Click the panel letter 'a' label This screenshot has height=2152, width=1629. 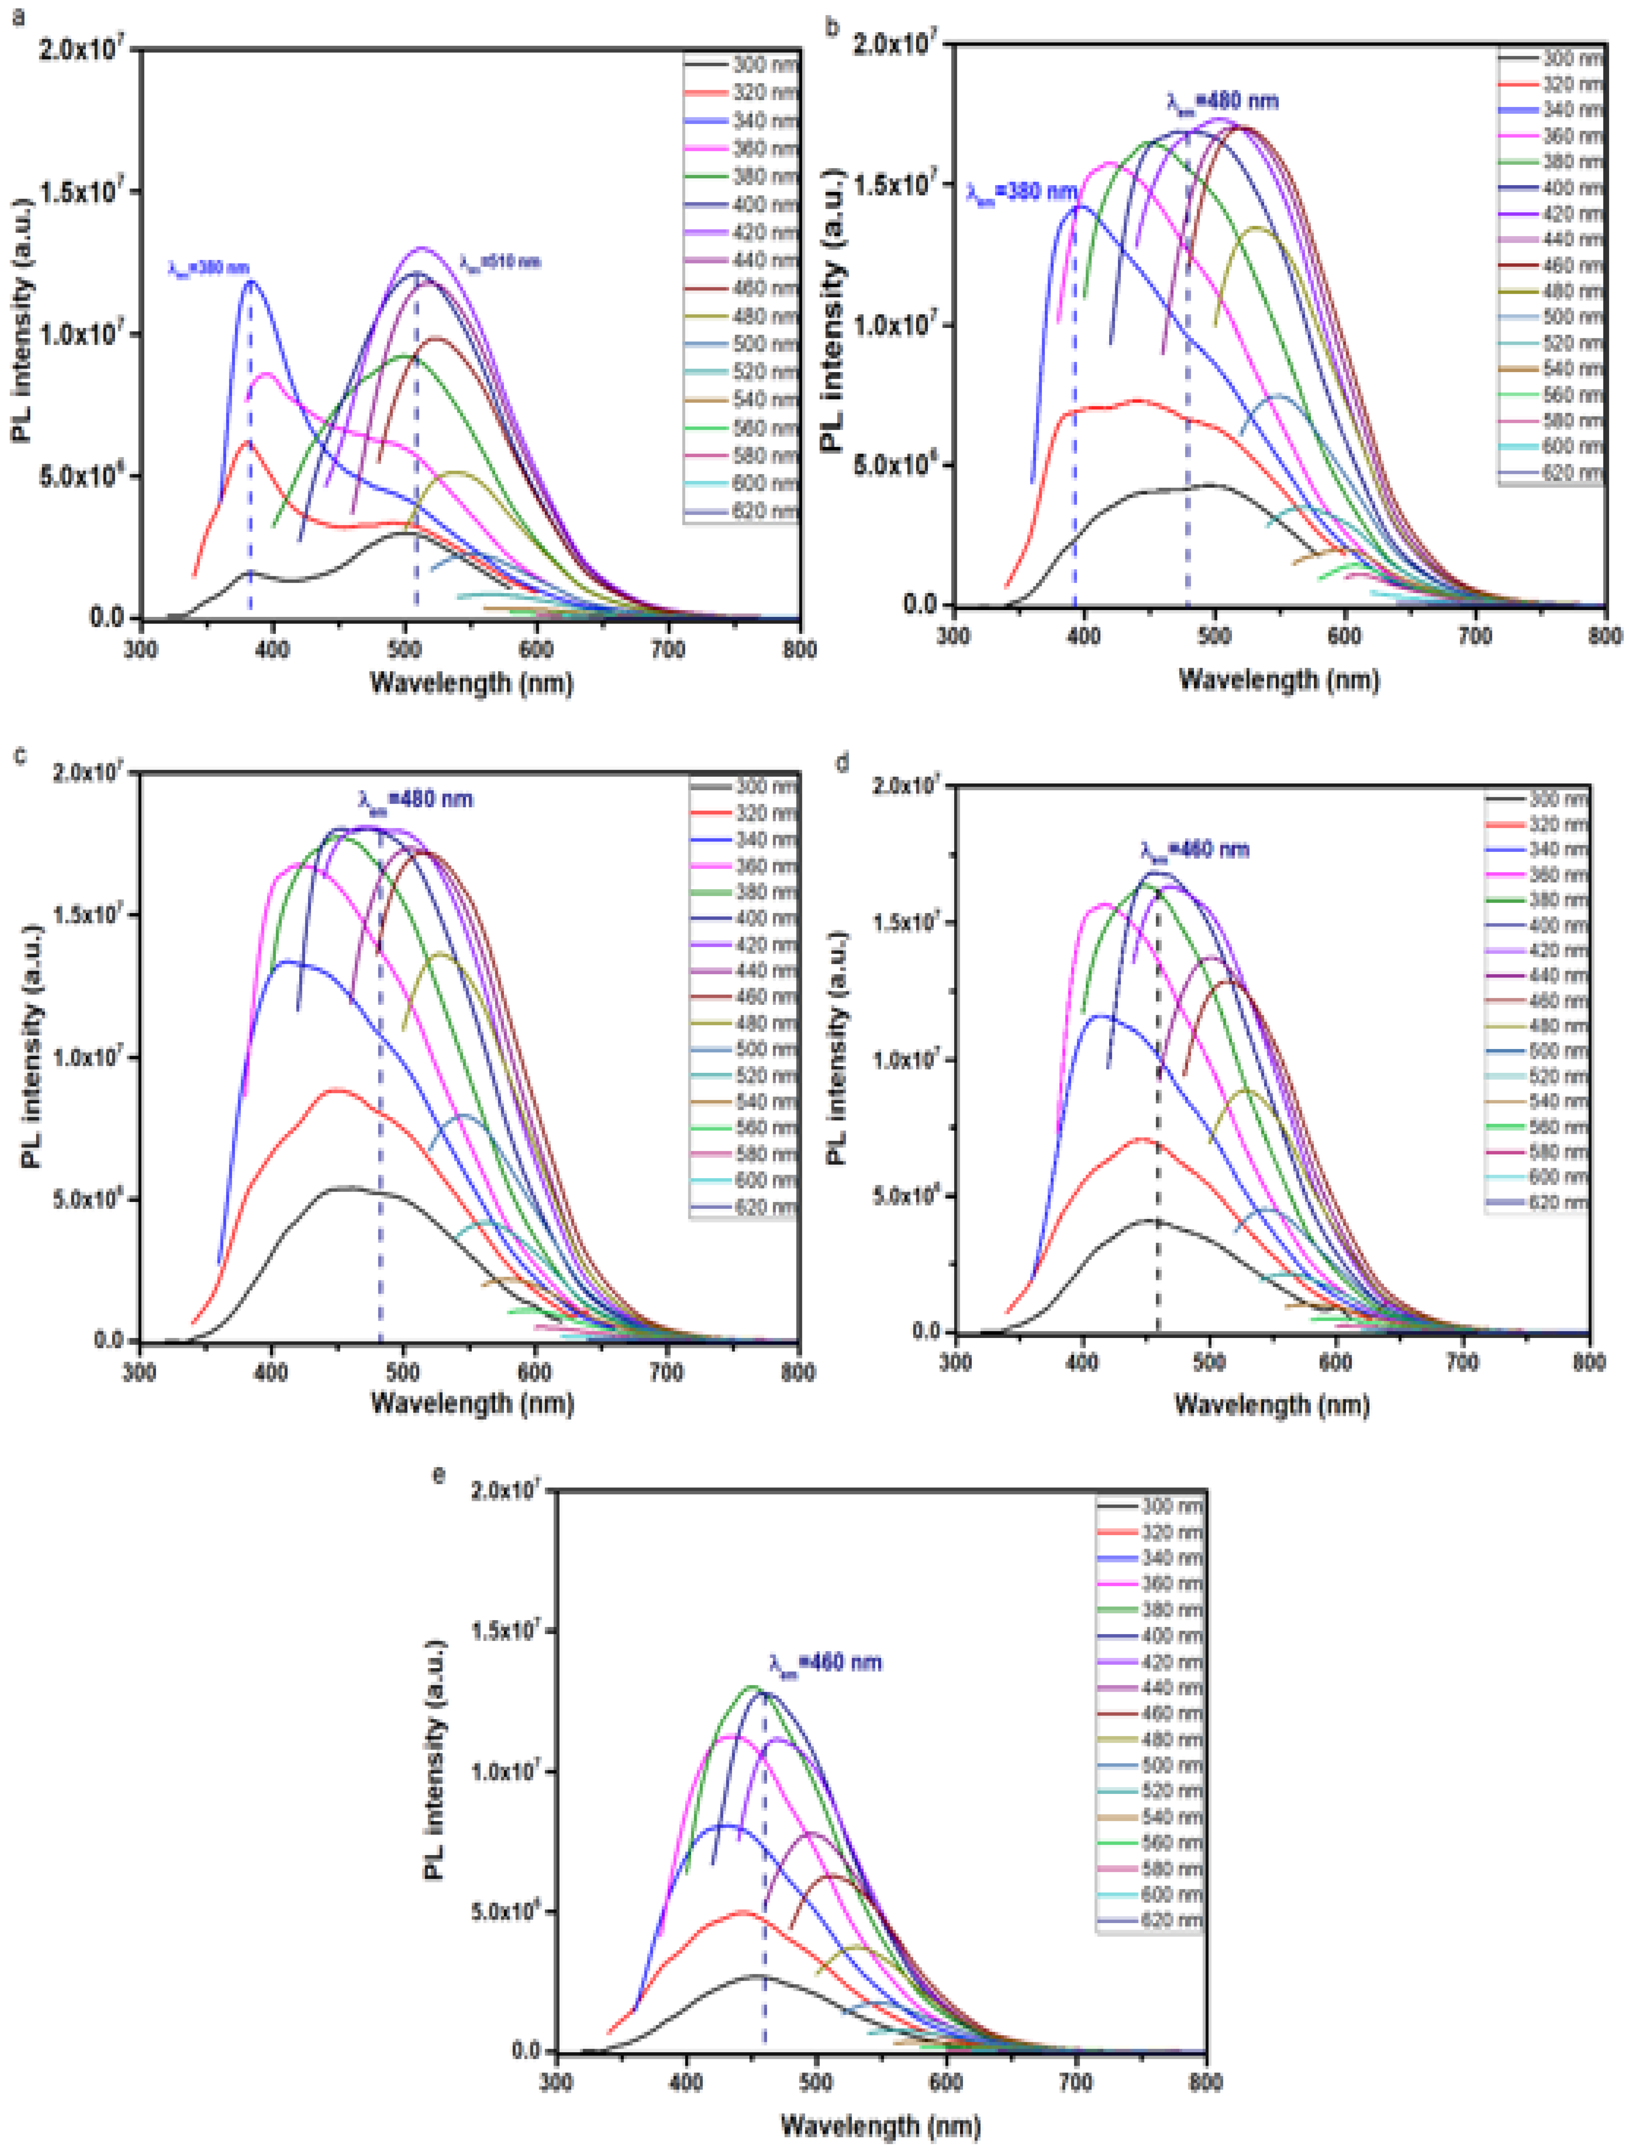point(17,17)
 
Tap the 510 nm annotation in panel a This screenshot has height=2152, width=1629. point(499,262)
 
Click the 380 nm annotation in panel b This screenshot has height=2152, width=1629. point(1021,192)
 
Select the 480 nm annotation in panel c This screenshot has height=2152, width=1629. point(415,800)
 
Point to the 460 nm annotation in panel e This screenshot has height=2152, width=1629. point(825,1661)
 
